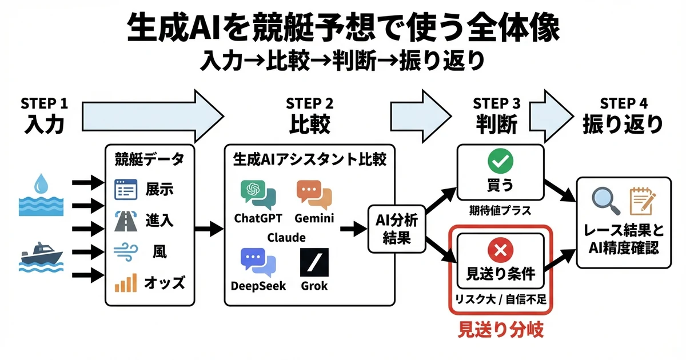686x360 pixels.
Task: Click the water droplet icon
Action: pos(41,185)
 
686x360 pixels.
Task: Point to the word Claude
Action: pos(286,237)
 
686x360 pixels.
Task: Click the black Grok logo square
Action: pos(314,263)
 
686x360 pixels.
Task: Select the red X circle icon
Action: pos(500,249)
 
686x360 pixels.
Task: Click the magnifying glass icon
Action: pos(604,200)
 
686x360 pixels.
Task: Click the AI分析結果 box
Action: pos(396,229)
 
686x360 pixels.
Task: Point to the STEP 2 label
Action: pos(309,104)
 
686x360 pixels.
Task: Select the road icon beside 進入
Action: pos(126,220)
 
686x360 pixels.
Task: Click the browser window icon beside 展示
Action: pos(126,189)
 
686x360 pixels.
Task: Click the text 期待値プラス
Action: pos(501,211)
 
